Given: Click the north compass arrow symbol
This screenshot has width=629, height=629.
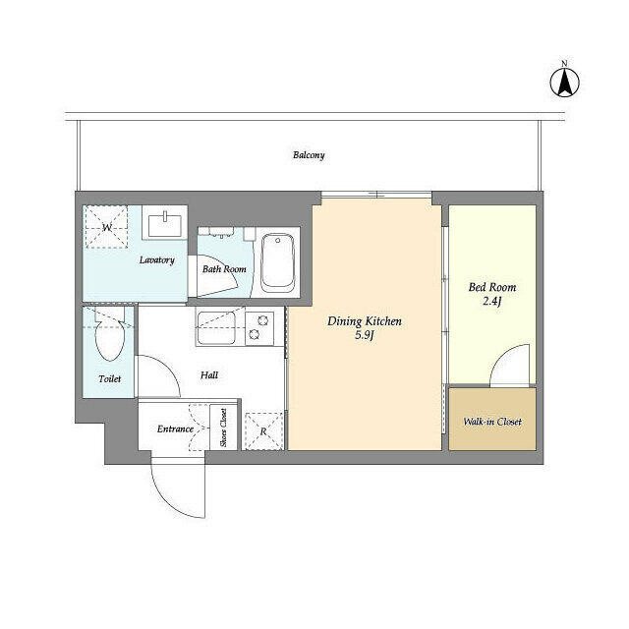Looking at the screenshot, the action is click(x=564, y=83).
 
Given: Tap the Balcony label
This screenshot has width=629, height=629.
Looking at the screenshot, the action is click(x=309, y=155).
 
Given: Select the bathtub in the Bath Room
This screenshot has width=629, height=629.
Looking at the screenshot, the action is click(x=277, y=263).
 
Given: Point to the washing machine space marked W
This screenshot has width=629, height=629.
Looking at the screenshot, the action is click(x=106, y=227).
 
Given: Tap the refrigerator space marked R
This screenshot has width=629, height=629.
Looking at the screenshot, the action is click(x=263, y=431).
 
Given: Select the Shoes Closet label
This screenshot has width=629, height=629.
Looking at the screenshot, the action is click(x=223, y=428).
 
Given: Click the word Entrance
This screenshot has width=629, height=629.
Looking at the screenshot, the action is click(x=175, y=429).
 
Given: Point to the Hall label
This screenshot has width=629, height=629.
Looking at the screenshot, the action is click(x=209, y=375).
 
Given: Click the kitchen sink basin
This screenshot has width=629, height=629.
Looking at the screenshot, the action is click(x=216, y=327).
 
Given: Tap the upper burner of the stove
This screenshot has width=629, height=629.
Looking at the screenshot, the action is click(x=262, y=320).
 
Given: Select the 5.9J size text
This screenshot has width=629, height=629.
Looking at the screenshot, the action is click(x=365, y=335).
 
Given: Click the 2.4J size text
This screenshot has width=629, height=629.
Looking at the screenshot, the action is click(x=491, y=301).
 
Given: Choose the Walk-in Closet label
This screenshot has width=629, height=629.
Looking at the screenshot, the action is click(x=492, y=422).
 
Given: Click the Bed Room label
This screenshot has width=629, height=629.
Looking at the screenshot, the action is click(x=492, y=287).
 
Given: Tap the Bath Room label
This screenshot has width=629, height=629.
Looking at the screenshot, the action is click(x=224, y=269).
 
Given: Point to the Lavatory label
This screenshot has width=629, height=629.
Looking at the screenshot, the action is click(x=157, y=259).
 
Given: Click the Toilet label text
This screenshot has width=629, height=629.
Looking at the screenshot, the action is click(x=109, y=378).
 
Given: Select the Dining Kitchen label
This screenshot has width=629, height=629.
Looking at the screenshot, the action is click(x=365, y=321).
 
